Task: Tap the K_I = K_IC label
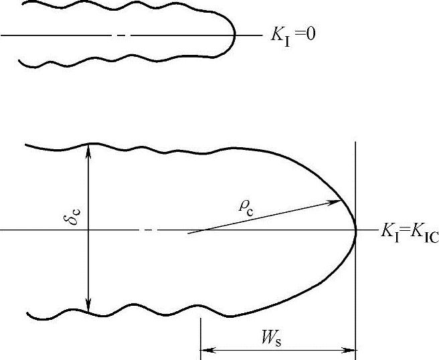point(410,233)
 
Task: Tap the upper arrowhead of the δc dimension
point(88,151)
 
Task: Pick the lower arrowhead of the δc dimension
point(88,306)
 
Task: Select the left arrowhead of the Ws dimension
point(208,350)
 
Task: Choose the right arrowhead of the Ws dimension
point(349,350)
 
